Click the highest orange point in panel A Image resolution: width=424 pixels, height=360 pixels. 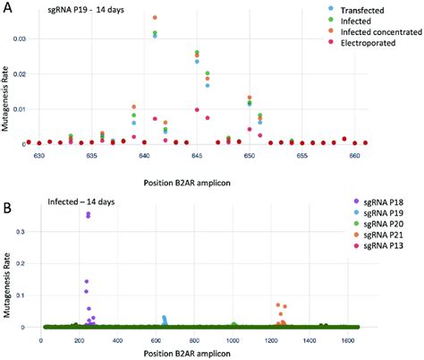point(155,17)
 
